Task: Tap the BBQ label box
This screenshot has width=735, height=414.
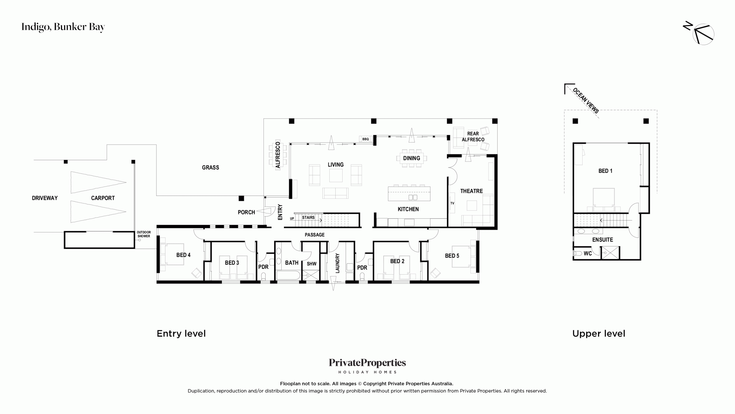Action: tap(365, 139)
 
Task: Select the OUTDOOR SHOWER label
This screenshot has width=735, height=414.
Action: tap(144, 234)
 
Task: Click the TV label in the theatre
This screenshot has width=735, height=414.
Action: tap(452, 203)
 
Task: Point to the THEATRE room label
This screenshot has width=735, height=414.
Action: tap(471, 191)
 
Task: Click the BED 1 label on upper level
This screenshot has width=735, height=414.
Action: tap(605, 171)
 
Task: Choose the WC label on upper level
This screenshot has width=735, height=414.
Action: tap(588, 254)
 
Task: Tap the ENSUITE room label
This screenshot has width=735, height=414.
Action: tap(602, 240)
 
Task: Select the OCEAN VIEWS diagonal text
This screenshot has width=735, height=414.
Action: tap(586, 101)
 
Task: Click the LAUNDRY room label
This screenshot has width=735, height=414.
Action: tap(337, 263)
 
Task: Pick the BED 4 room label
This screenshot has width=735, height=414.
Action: tap(183, 255)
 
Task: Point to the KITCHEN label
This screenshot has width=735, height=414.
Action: tap(408, 209)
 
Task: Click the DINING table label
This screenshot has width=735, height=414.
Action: tap(411, 158)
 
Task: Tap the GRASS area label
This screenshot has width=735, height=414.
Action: tap(210, 168)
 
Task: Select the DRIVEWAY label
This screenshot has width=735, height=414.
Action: tap(45, 198)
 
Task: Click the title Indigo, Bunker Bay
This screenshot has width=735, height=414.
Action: tap(63, 27)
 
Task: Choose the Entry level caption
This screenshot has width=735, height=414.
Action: tap(181, 333)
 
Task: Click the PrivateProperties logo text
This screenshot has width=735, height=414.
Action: tap(367, 363)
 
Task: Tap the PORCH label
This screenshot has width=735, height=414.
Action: tap(246, 212)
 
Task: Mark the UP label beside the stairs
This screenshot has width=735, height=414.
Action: tap(292, 218)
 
